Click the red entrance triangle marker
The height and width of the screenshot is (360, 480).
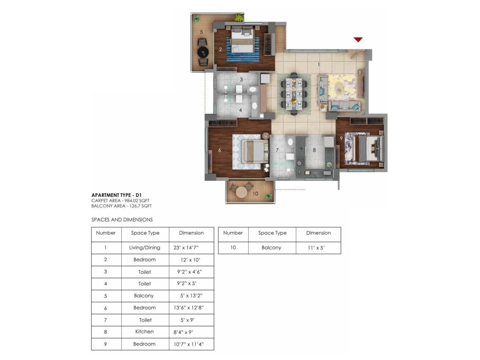coord(358,39)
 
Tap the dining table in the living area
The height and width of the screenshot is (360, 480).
coord(294,93)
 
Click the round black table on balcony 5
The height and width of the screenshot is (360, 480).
coord(203,52)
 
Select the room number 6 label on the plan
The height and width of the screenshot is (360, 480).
coord(220,150)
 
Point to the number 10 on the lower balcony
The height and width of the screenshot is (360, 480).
coord(255,193)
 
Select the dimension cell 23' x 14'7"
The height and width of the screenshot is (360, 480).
coord(186,248)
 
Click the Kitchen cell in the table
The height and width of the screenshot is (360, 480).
coord(144,331)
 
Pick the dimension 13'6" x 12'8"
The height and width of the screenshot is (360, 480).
coord(188,307)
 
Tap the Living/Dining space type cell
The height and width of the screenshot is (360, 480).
coord(145,248)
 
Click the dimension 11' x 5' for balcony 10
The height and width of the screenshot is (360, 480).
coord(316,248)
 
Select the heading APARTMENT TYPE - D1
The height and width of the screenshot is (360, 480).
coord(116,195)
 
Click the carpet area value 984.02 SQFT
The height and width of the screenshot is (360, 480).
coord(137,200)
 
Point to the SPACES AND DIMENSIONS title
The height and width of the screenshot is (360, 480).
coord(122,220)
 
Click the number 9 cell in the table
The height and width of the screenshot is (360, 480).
coord(105,344)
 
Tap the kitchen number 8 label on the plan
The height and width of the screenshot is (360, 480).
coord(314,150)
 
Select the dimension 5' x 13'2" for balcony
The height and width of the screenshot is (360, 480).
coord(191,296)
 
